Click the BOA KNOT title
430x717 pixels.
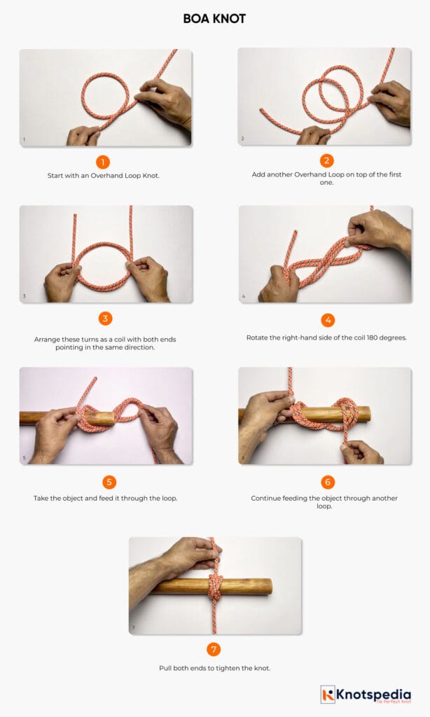[214, 19]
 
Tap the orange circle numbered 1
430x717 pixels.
[104, 162]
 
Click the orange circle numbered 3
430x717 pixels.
[105, 319]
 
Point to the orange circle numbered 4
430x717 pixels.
[327, 320]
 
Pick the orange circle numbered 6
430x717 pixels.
[327, 482]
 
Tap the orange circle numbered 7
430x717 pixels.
[214, 649]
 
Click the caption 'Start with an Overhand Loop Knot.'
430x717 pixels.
[104, 176]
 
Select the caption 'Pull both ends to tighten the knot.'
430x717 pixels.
[214, 668]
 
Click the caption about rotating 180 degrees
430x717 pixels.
[327, 337]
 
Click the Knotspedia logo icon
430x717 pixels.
[328, 695]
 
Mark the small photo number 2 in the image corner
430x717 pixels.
[242, 139]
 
